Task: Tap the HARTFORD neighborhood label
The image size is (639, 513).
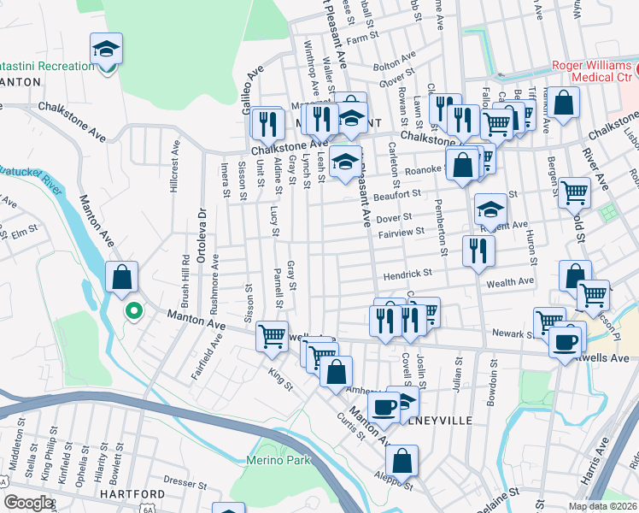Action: [131, 494]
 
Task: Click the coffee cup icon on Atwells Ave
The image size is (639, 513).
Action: [564, 342]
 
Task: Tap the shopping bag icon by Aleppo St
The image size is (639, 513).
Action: [402, 462]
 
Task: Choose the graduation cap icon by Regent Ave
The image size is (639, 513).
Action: [490, 209]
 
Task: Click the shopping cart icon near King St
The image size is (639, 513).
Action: [273, 336]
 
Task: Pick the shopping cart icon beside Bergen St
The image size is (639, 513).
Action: [574, 192]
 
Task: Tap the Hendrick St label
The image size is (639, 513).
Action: [407, 274]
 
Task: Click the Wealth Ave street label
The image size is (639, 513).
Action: [510, 281]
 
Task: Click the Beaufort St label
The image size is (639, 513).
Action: [394, 196]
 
